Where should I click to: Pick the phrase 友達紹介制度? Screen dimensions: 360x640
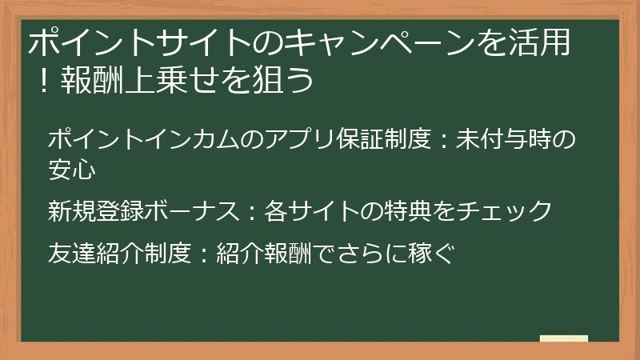119,254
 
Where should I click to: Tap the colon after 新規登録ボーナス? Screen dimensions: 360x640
250,212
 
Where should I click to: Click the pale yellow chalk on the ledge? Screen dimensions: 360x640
564,338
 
